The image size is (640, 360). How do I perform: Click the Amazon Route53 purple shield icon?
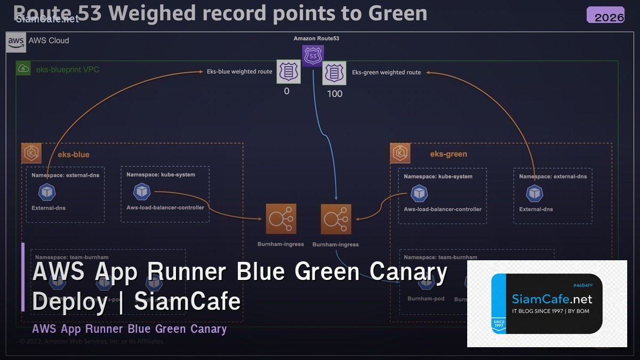(x=313, y=55)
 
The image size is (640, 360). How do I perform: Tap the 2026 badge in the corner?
(x=605, y=15)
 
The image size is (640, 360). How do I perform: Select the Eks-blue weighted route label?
(x=239, y=71)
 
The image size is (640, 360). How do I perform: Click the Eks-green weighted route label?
(x=386, y=73)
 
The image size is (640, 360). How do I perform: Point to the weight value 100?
(x=334, y=94)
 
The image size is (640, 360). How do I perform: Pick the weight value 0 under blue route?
(x=286, y=92)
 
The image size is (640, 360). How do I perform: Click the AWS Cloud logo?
(x=16, y=41)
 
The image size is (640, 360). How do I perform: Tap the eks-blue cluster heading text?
(x=74, y=155)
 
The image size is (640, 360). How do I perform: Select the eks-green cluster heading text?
(x=449, y=154)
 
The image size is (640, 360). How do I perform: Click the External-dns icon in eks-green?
(x=534, y=194)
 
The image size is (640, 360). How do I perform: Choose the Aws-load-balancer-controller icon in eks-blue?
(x=142, y=191)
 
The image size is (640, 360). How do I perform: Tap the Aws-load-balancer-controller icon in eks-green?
(x=420, y=193)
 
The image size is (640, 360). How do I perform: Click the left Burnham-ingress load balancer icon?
(x=281, y=219)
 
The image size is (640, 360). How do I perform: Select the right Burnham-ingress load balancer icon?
(x=336, y=219)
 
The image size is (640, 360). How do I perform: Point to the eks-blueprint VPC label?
(x=67, y=69)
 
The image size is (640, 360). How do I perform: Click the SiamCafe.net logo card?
(x=547, y=303)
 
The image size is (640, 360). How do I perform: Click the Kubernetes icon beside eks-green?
(x=400, y=153)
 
